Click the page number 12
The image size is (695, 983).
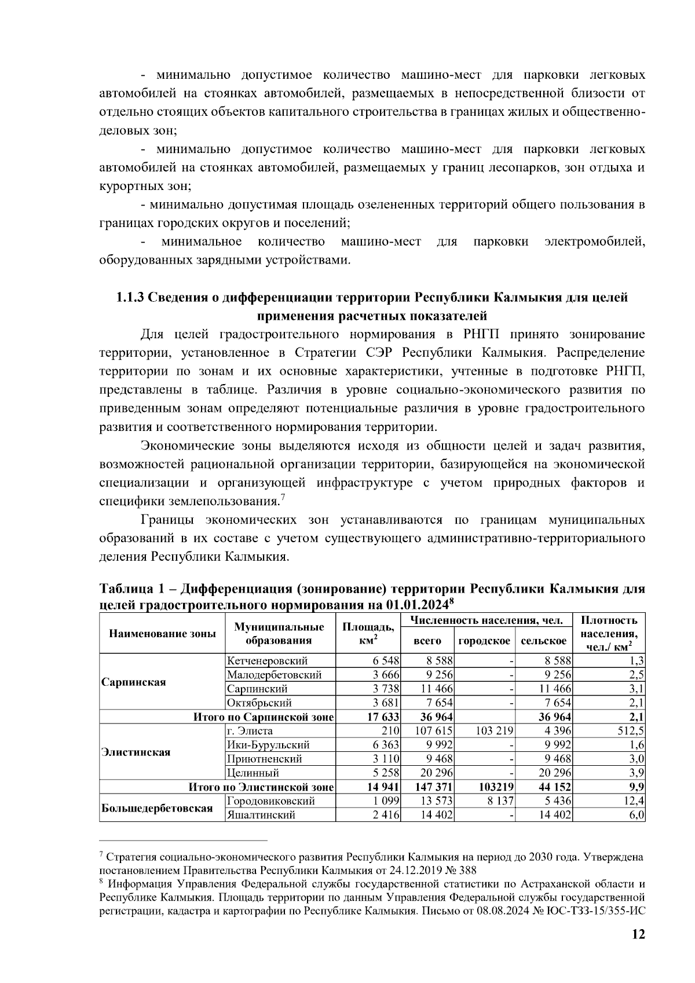[638, 934]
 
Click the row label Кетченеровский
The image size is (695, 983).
[267, 661]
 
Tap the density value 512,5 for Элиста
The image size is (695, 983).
[631, 731]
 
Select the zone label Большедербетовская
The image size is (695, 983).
[156, 808]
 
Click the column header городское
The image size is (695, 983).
[484, 641]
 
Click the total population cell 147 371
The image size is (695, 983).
[433, 787]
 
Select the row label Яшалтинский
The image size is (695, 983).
[261, 815]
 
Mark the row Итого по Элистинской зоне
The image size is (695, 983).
[262, 787]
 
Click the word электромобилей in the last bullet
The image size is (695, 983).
[594, 242]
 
